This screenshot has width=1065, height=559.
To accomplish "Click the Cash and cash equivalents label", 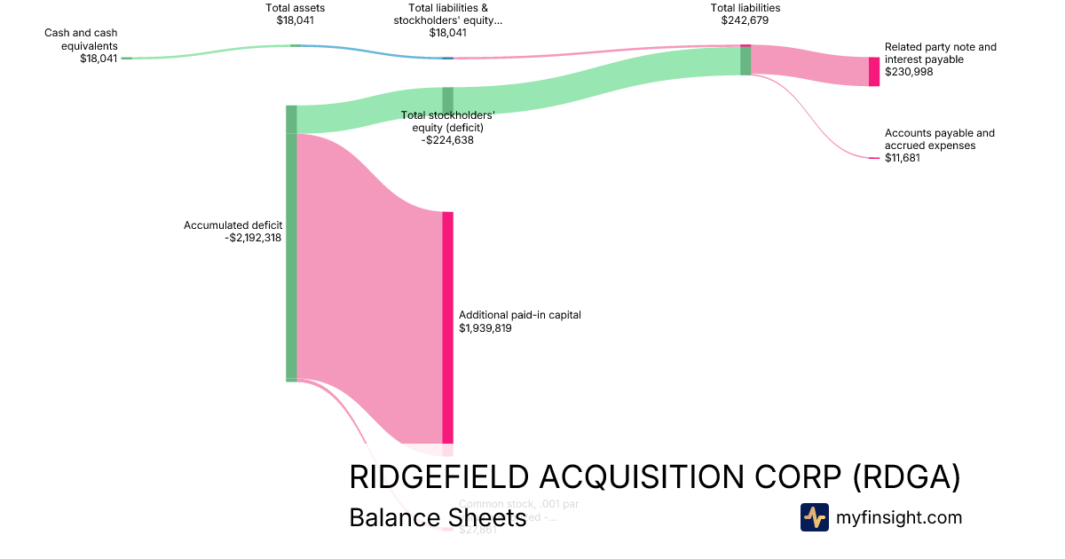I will (x=81, y=39).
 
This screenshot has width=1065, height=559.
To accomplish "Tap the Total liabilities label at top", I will (x=745, y=8).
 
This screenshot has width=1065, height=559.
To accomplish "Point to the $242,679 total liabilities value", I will (x=745, y=20).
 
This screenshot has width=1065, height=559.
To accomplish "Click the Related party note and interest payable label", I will (x=940, y=53).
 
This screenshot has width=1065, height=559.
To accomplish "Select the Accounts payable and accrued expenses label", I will (x=939, y=139).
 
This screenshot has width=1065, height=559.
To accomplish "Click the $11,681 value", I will (x=903, y=158).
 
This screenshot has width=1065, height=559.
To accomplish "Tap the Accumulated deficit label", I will (x=233, y=225).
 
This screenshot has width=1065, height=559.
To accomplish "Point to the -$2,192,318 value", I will (x=254, y=238).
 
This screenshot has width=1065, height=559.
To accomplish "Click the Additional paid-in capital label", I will (x=519, y=315).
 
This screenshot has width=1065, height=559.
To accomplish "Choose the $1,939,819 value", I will (x=485, y=328).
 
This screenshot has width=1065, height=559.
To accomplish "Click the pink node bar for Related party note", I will (x=874, y=71).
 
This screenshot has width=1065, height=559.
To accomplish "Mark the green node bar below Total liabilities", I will (x=745, y=60).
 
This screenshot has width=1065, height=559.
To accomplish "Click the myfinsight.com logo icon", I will (x=814, y=517).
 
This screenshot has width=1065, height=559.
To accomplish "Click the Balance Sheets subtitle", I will (x=438, y=517).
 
